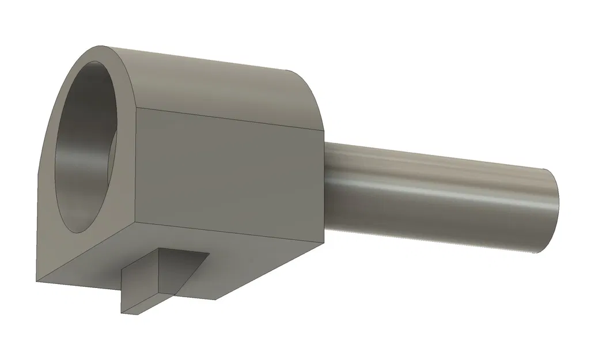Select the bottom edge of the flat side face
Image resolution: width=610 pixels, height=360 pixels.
(230, 233)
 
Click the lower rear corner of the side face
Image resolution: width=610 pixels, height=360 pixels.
(325, 244)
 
